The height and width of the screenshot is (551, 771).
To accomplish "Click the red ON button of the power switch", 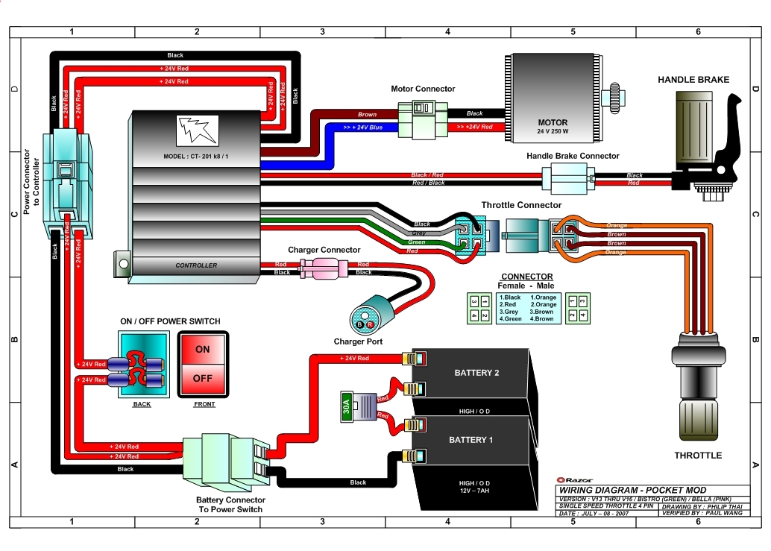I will coord(203,349).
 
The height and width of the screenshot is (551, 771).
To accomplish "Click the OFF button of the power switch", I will coord(203,378).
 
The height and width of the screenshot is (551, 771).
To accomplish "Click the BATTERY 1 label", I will coord(471,440).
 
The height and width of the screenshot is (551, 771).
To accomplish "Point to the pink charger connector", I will coord(321,268).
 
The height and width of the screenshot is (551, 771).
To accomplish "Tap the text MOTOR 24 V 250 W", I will coord(553,127).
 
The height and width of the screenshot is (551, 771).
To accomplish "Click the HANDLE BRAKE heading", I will coord(693,80).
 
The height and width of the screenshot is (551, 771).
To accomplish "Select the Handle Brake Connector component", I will coord(567,180).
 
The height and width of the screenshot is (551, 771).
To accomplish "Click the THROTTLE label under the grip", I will coord(698,455).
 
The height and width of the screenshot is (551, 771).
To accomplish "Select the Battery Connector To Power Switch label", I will coord(230,505).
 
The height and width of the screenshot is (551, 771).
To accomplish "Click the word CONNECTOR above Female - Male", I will coord(526,277).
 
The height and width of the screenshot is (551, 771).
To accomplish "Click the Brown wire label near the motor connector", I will coord(367,115).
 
